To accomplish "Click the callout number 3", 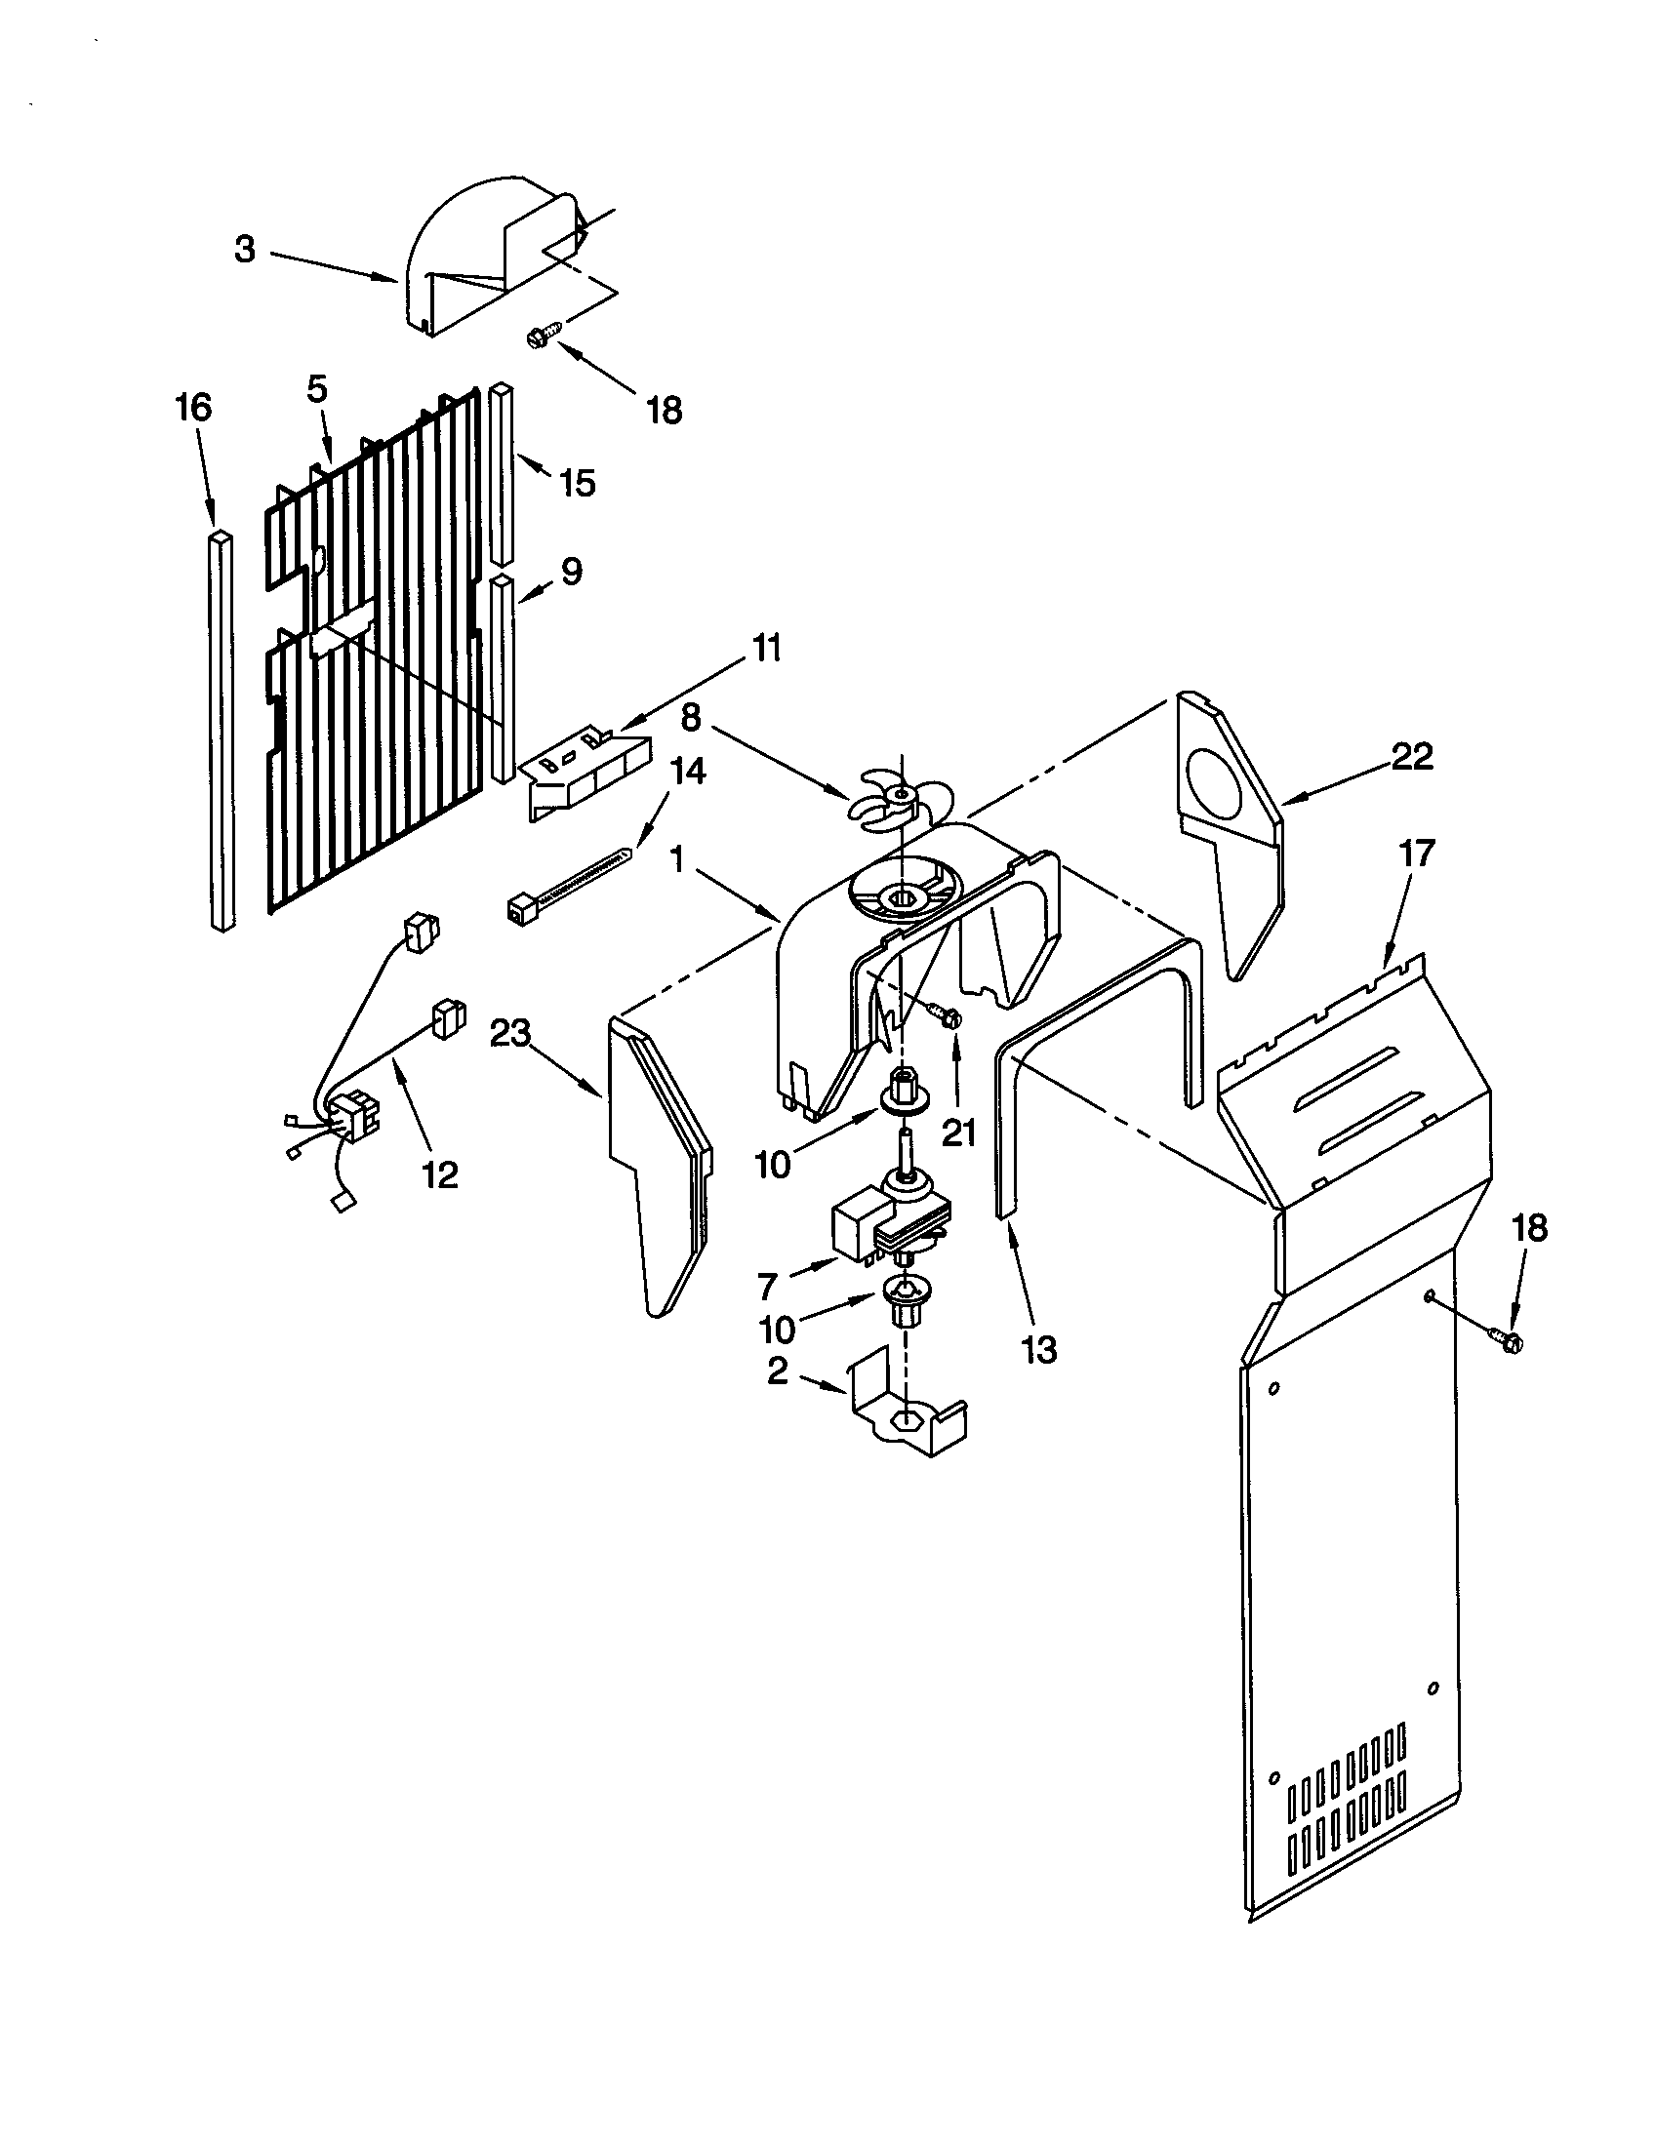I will tap(246, 251).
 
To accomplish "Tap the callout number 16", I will tap(193, 407).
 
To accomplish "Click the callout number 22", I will tap(1412, 756).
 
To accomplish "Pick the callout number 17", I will tap(1416, 853).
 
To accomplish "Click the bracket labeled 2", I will tap(903, 1419).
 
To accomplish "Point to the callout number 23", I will tap(512, 1033).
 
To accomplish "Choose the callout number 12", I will tap(439, 1173).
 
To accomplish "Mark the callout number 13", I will tap(1039, 1349).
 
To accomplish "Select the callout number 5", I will tap(316, 389).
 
